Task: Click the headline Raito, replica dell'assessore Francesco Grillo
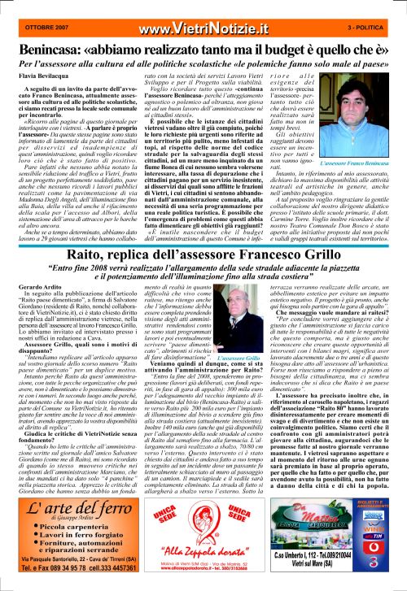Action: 203,234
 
